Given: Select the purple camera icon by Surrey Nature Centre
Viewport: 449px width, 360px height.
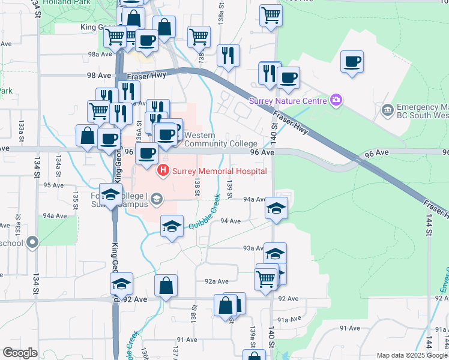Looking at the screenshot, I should point(336,100).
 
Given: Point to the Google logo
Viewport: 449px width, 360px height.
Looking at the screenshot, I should point(20,353).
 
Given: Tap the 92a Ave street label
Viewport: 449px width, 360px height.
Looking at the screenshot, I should point(216,281).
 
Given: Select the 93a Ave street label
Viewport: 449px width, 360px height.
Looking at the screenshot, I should point(253,248).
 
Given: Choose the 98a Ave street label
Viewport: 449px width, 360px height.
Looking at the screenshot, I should point(100,54).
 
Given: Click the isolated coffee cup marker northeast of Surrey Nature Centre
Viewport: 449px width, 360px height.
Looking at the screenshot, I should point(352,61).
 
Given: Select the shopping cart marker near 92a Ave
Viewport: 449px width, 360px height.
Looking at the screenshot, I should point(265,278).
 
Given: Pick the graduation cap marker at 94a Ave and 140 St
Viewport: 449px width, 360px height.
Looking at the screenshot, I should point(276,208).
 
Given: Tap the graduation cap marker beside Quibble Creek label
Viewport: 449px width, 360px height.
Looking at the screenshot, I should point(172,227).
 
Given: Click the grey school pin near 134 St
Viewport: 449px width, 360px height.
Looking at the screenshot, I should point(32,243).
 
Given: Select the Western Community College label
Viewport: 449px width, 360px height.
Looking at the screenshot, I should point(221,140).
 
